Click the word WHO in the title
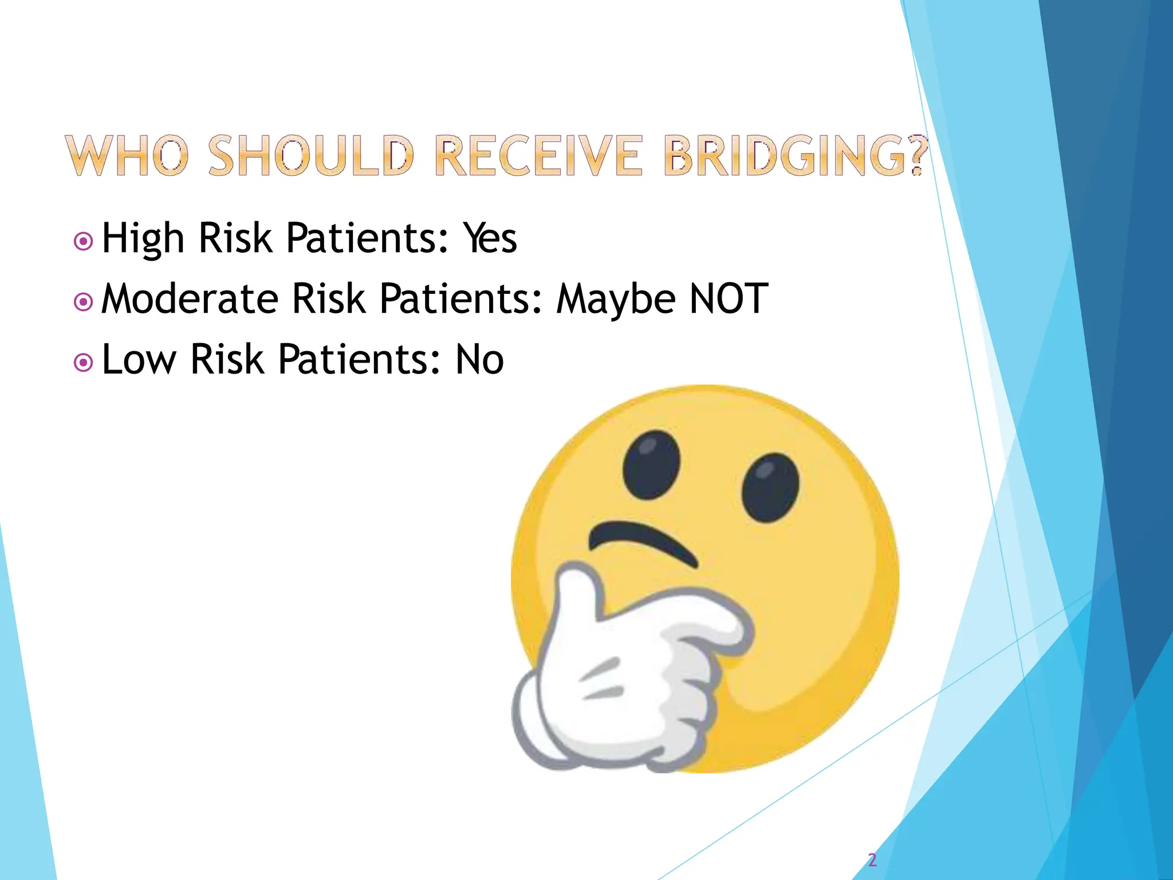tap(127, 156)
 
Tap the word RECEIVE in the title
tap(538, 156)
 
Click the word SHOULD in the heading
tap(311, 156)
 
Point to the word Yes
tap(490, 238)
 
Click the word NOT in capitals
tap(729, 299)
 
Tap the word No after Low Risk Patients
tap(479, 360)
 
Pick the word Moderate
tap(190, 299)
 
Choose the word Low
tap(139, 360)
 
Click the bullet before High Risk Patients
tap(84, 241)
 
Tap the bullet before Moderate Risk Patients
tap(84, 302)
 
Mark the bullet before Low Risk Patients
tap(84, 363)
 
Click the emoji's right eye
tap(770, 487)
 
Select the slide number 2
tap(872, 859)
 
